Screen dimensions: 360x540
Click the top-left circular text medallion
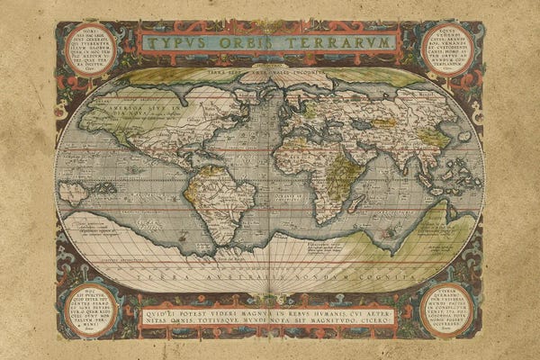[91, 49]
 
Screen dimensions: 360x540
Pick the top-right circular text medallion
[446, 49]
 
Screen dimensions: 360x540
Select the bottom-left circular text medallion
[91, 310]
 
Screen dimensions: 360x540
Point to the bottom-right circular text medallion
[446, 310]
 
